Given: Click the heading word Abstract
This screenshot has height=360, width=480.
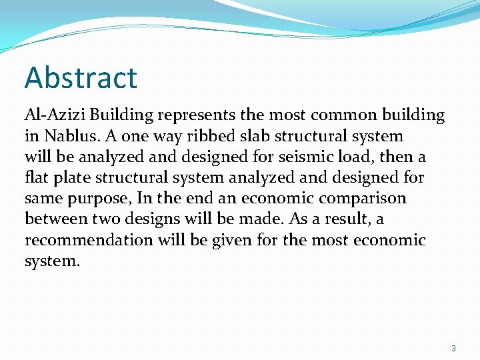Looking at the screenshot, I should pos(81,77).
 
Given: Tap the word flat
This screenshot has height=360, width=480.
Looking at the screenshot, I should pos(37,177).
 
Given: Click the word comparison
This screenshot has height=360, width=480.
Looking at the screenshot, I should pos(365,199).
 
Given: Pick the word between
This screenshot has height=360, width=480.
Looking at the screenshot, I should pos(57,219).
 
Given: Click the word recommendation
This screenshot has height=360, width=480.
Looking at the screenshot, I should pos(89,240).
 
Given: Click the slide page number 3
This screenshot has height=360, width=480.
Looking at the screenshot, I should pos(453,348).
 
